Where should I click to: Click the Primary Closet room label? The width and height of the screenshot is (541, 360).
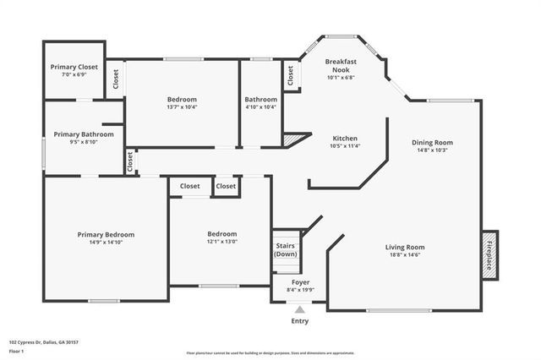[x=75, y=67]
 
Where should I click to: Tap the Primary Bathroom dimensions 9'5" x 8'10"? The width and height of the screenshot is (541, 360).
[x=84, y=143]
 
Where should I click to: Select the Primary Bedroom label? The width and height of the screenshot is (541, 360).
[x=106, y=234]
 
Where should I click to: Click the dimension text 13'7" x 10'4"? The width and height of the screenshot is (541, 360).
[x=182, y=107]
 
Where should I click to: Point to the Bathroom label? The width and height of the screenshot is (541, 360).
[x=260, y=99]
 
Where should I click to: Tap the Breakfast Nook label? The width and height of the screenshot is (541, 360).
[x=342, y=66]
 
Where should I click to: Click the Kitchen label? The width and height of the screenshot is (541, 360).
[x=344, y=138]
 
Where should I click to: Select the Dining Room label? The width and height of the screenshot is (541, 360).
[x=432, y=142]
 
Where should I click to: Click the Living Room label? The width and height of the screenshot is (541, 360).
[x=405, y=247]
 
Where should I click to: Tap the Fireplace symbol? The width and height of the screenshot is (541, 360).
[x=489, y=254]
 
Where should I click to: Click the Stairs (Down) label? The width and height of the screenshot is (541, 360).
[x=286, y=249]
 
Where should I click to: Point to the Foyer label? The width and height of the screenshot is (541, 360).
[x=300, y=282]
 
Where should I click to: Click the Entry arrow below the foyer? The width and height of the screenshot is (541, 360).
[x=300, y=308]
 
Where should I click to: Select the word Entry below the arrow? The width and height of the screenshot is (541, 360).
[x=300, y=320]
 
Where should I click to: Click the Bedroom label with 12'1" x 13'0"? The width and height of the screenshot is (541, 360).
[x=222, y=233]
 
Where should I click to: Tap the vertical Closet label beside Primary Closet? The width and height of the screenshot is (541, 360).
[x=116, y=79]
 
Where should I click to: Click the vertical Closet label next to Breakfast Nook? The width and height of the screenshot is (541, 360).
[x=291, y=76]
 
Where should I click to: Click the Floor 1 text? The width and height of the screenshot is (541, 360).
[x=17, y=350]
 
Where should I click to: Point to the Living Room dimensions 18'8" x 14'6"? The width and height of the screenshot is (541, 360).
[x=405, y=254]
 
